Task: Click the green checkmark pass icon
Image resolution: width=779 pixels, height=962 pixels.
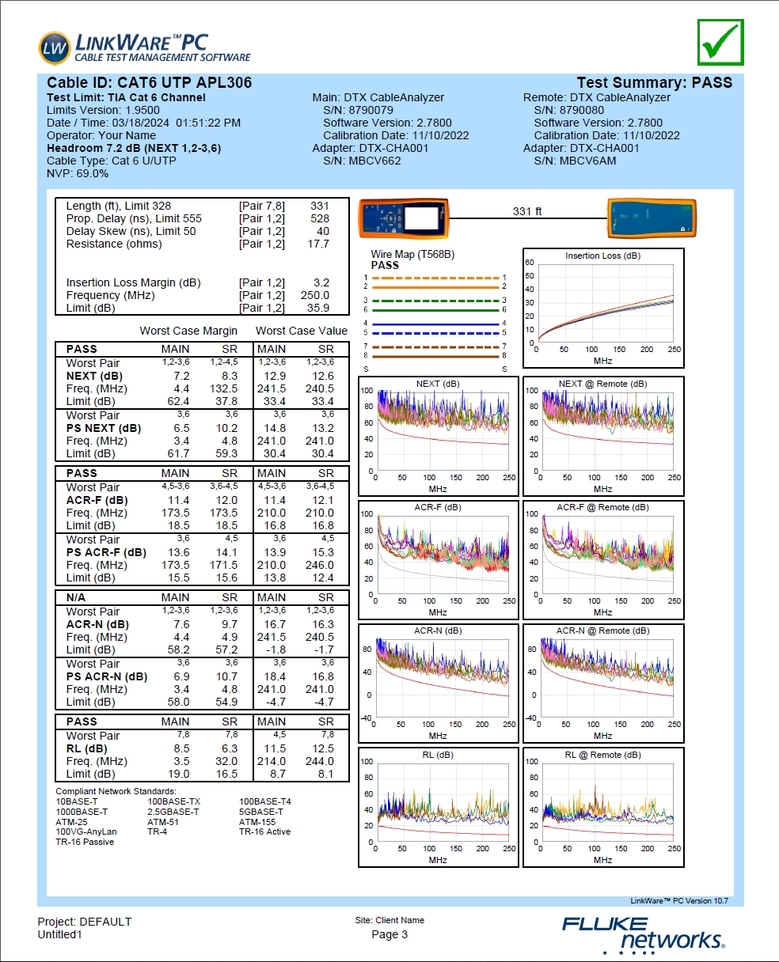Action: pyautogui.click(x=720, y=42)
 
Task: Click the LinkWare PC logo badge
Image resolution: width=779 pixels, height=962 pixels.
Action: pyautogui.click(x=54, y=47)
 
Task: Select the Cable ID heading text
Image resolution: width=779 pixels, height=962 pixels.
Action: pyautogui.click(x=150, y=83)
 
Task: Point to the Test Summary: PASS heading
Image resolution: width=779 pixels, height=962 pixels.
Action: pyautogui.click(x=654, y=83)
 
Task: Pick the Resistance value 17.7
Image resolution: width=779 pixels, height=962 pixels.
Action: pyautogui.click(x=318, y=244)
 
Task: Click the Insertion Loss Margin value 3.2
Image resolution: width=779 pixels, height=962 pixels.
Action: pyautogui.click(x=321, y=282)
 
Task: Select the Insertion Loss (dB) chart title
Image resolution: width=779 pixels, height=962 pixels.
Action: pyautogui.click(x=602, y=256)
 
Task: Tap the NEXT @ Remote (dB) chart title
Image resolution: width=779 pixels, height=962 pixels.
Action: pyautogui.click(x=602, y=384)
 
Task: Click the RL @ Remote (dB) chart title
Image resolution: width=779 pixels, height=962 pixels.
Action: pyautogui.click(x=602, y=755)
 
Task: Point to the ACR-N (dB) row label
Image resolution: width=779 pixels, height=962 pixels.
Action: pyautogui.click(x=97, y=624)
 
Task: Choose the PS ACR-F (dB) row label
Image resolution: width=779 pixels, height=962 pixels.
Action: pyautogui.click(x=106, y=552)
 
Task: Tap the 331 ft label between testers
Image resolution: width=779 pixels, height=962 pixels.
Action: pyautogui.click(x=527, y=211)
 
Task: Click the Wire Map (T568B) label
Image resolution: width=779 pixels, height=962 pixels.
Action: pyautogui.click(x=412, y=255)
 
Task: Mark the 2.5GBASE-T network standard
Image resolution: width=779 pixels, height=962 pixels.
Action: pyautogui.click(x=173, y=812)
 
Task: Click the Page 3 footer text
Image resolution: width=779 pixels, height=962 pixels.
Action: pyautogui.click(x=389, y=934)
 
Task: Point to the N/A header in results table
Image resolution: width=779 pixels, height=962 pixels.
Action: pyautogui.click(x=82, y=597)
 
